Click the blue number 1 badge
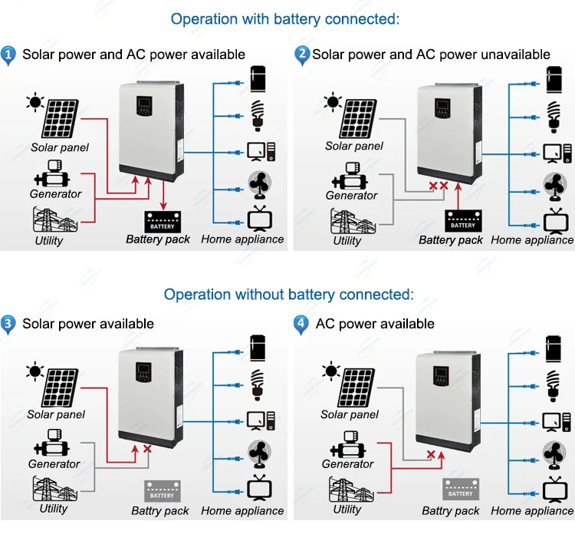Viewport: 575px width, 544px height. [x=9, y=54]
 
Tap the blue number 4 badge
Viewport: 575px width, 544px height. [x=301, y=324]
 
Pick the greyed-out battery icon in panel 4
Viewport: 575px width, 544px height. [x=460, y=490]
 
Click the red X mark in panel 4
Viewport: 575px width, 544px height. [x=431, y=454]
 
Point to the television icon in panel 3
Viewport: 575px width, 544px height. [x=257, y=489]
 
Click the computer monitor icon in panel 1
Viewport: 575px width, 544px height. [x=257, y=150]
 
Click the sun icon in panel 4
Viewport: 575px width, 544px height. [x=330, y=372]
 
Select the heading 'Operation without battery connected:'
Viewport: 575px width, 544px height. [x=288, y=295]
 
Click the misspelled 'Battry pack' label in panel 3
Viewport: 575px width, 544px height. [x=159, y=510]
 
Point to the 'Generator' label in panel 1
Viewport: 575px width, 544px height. [x=55, y=194]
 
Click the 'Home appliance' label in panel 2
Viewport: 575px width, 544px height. [x=532, y=240]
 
